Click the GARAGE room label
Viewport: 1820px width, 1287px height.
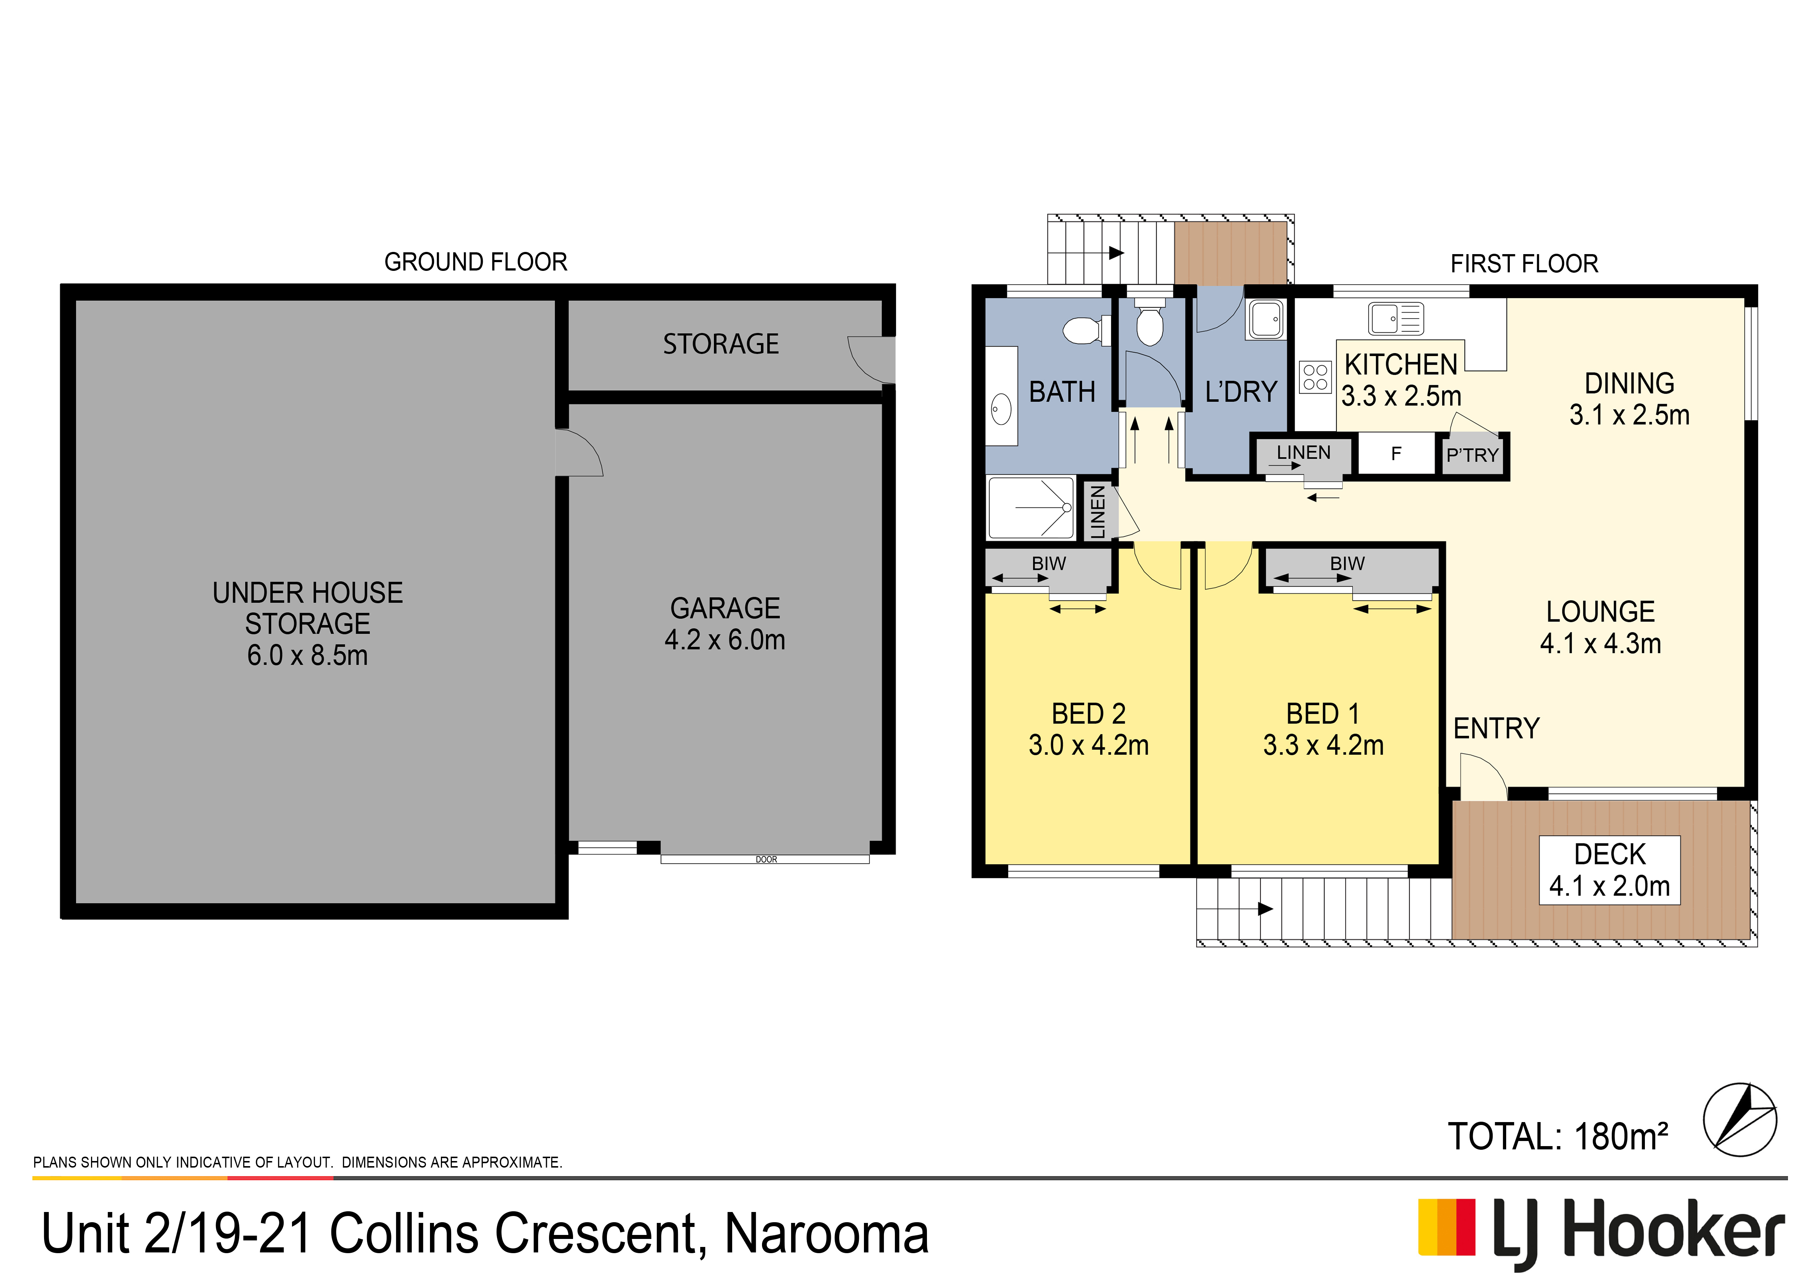click(x=725, y=608)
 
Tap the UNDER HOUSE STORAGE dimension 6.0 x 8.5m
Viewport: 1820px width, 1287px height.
click(x=308, y=655)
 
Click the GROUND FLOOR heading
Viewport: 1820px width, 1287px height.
click(x=475, y=261)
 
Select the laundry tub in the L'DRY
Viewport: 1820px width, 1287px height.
click(x=1265, y=319)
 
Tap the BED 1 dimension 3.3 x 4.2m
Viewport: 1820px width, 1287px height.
click(x=1323, y=745)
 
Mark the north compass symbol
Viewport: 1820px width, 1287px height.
click(x=1740, y=1120)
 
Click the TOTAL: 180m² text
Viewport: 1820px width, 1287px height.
click(x=1558, y=1136)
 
